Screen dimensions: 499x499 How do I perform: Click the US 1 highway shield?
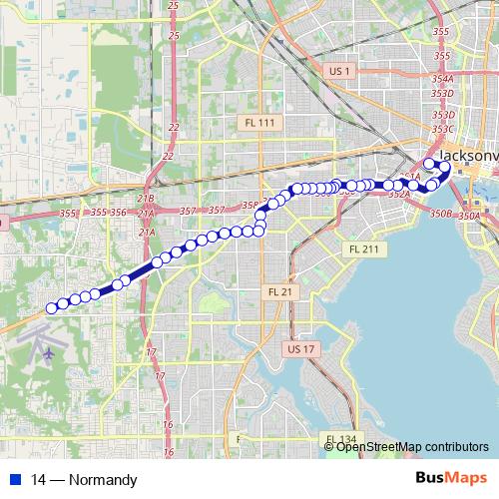point(340,70)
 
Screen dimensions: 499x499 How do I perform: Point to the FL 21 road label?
point(280,292)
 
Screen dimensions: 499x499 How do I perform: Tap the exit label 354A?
point(443,78)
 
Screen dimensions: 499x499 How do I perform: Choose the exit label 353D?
point(443,94)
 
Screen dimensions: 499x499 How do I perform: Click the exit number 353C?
point(443,129)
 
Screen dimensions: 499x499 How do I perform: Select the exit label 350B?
point(441,214)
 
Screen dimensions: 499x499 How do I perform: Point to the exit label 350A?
point(469,215)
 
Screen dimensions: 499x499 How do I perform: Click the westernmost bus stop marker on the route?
point(52,308)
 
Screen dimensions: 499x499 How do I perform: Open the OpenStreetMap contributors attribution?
point(412,446)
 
